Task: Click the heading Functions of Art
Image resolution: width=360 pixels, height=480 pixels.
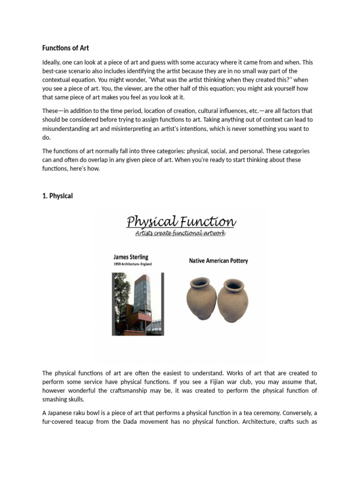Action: click(66, 48)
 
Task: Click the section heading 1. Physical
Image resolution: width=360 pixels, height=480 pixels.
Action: click(58, 196)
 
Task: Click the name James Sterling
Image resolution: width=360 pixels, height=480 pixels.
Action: click(130, 257)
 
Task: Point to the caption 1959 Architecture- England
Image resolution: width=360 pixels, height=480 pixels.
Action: click(133, 264)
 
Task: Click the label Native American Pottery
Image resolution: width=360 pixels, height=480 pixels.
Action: click(218, 261)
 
